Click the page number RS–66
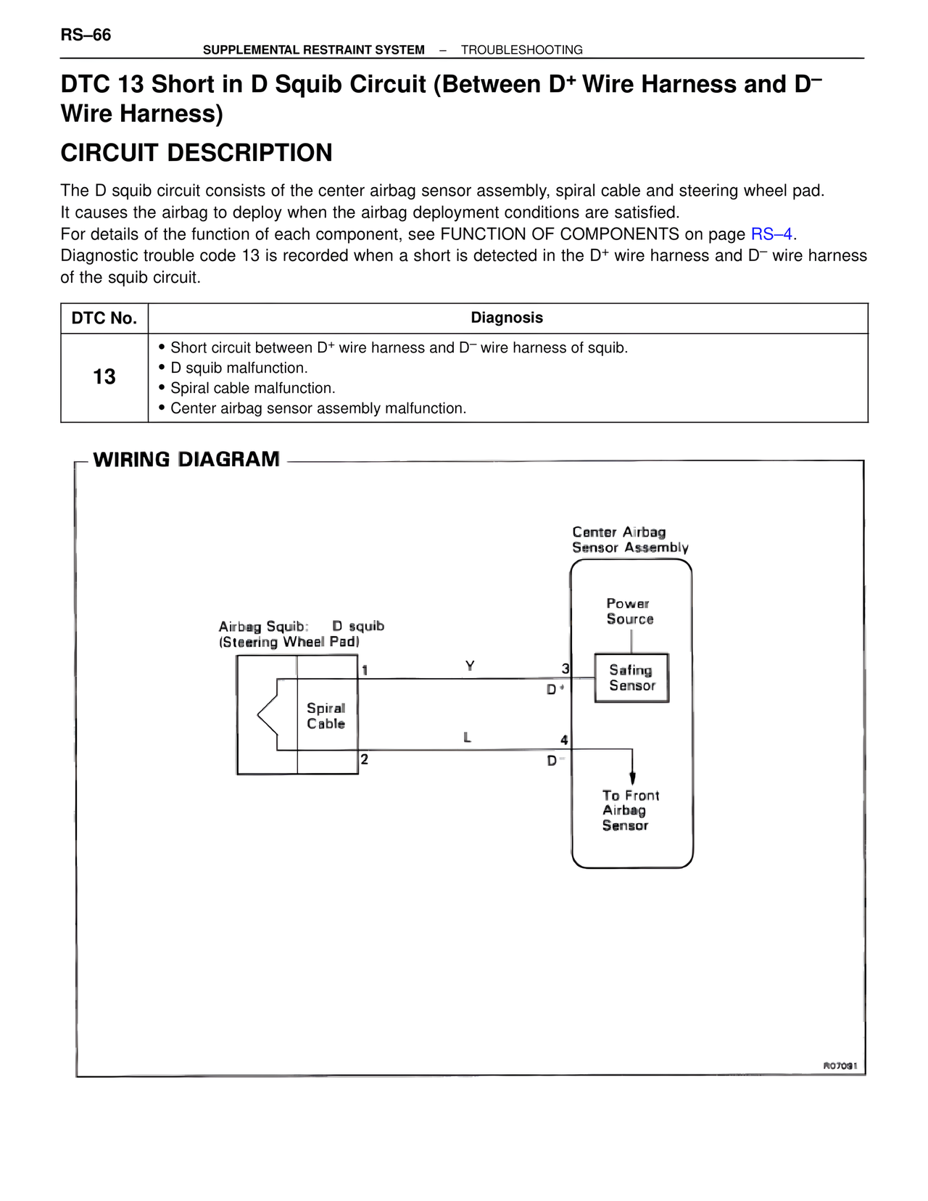coord(86,35)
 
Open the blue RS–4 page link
coord(771,234)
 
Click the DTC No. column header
coord(104,318)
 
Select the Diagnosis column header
coord(507,318)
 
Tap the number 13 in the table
coord(104,377)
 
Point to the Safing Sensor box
coord(631,678)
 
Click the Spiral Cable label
coord(326,716)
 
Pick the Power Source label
coord(629,611)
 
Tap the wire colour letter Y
coord(470,666)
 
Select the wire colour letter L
coord(468,738)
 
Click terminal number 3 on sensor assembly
coord(565,669)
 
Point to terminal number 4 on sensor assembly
coord(564,740)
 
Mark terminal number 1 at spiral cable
coord(365,670)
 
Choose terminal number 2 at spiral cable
coord(365,759)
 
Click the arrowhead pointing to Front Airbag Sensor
coord(633,778)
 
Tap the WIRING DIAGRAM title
coord(186,460)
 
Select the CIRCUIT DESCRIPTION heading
coord(196,153)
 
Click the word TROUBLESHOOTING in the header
coord(521,50)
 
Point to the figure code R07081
coord(840,1065)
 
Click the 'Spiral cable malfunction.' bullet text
coord(252,388)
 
